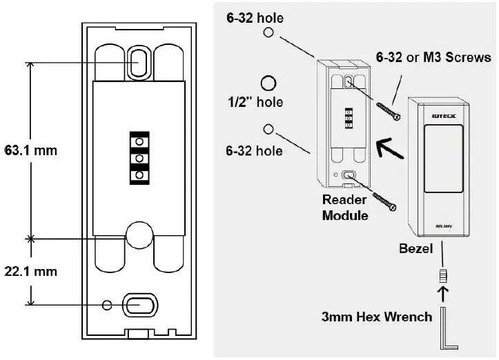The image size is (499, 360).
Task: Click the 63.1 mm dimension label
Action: [x=30, y=150]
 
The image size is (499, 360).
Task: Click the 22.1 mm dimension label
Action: [x=30, y=272]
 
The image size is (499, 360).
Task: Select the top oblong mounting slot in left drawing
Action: [x=137, y=65]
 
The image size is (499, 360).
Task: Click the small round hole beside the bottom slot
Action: [x=106, y=305]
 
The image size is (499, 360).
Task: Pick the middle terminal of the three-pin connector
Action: [x=139, y=159]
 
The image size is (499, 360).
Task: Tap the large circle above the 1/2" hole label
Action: [x=268, y=83]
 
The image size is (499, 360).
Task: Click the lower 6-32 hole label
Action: [x=255, y=151]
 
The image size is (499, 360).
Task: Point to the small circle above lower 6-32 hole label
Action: [x=268, y=129]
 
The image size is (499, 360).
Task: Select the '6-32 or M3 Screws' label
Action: [x=433, y=58]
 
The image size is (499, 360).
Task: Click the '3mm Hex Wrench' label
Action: [x=376, y=318]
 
